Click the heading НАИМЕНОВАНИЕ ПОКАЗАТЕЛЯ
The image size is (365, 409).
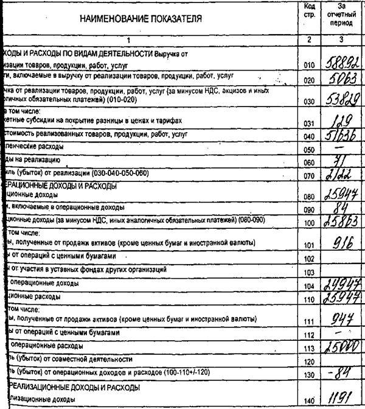141,19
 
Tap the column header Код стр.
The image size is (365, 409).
309,10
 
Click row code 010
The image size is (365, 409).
308,64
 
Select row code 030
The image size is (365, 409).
308,102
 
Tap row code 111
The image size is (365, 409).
308,321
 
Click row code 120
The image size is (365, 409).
308,361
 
